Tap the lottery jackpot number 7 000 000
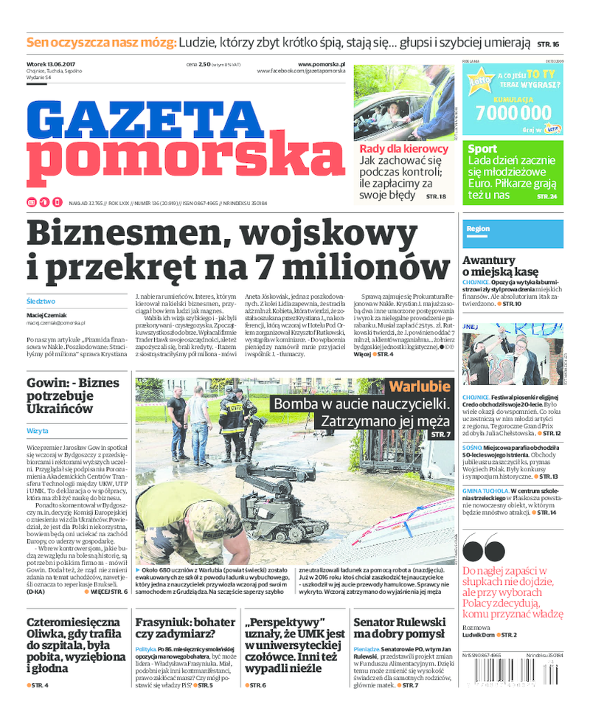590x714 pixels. click(513, 112)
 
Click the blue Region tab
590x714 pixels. click(478, 229)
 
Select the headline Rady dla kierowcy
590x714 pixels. click(403, 148)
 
